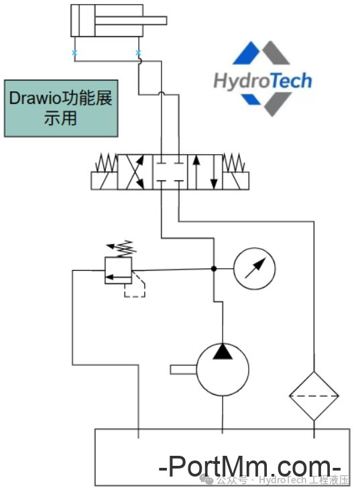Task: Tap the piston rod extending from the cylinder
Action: click(x=154, y=20)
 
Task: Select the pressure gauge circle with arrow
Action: click(x=254, y=269)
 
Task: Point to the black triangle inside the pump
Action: click(x=222, y=351)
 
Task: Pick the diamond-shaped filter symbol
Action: click(x=314, y=395)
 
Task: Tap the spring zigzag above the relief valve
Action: click(x=123, y=249)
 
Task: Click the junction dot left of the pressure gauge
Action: click(x=213, y=269)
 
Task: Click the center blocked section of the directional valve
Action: click(x=170, y=172)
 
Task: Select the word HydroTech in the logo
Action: click(x=262, y=81)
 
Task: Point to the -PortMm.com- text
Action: click(x=250, y=465)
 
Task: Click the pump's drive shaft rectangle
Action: click(x=183, y=369)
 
